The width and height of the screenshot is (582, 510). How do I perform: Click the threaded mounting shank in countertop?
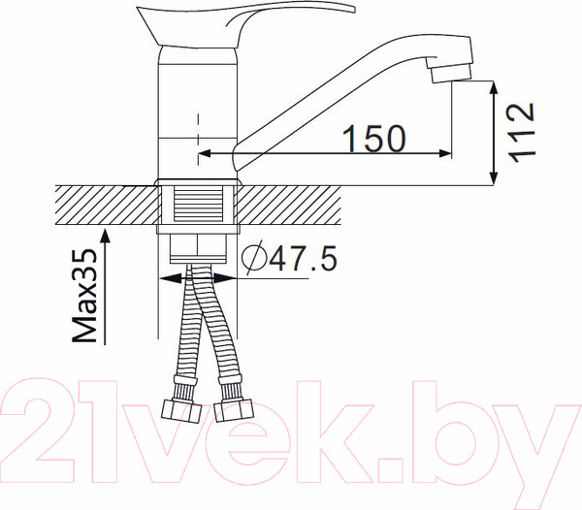199,208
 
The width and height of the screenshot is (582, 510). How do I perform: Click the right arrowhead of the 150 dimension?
445,152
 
